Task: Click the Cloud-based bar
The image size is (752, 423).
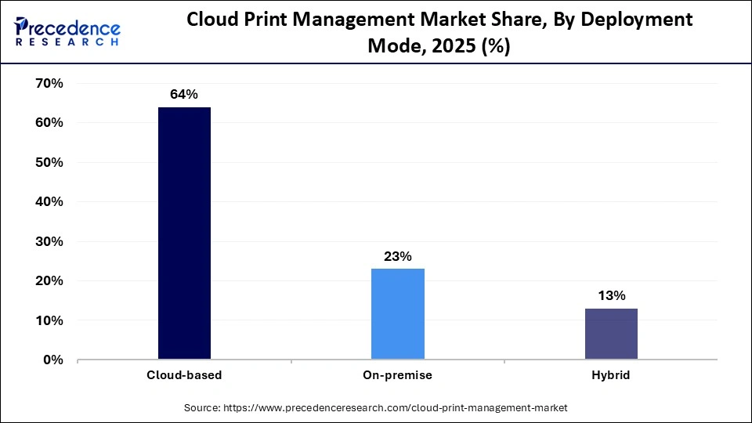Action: pos(184,233)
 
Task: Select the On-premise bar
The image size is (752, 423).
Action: pos(398,314)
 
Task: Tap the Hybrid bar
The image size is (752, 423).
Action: pos(611,334)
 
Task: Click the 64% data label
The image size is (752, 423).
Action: pos(184,95)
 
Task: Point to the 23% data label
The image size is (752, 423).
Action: pos(398,256)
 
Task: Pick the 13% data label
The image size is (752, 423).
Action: pos(611,295)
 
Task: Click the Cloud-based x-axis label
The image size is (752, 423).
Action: pos(184,375)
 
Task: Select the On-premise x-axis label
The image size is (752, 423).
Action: pos(398,375)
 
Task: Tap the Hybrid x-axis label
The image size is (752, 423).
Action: pos(611,375)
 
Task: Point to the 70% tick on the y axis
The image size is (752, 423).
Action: pos(49,83)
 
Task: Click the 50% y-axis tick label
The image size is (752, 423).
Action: pos(49,162)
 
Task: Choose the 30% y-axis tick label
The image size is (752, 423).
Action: pos(49,241)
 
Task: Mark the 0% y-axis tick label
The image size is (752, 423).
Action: pos(52,360)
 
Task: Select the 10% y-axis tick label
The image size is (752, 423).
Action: pos(49,320)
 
